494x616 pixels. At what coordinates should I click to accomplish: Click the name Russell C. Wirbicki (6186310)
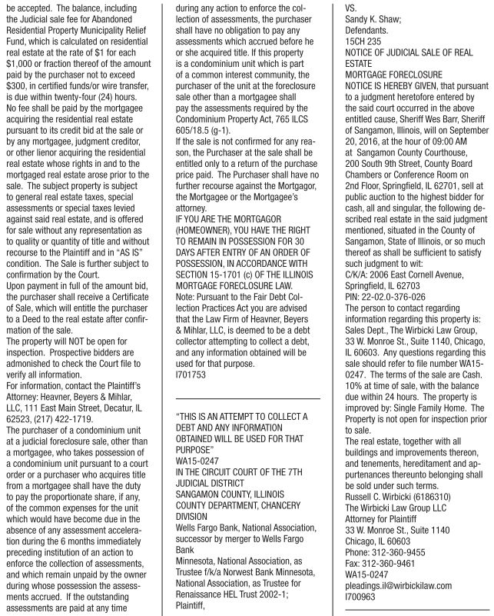(393, 509)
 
